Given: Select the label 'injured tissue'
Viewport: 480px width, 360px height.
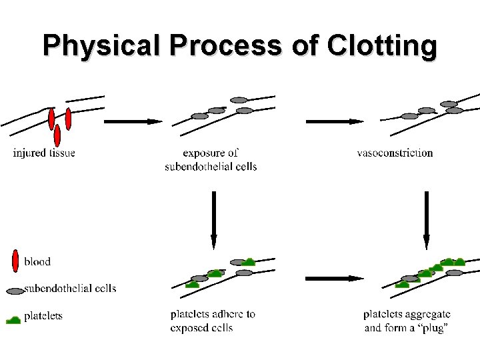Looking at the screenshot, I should coord(44,153).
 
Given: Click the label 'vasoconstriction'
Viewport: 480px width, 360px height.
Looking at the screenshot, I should coord(395,153).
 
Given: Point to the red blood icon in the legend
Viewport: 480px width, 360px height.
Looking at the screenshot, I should coord(15,261).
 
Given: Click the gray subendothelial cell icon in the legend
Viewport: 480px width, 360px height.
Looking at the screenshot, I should coord(15,291).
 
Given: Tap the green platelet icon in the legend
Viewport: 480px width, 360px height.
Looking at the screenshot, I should coord(13,319).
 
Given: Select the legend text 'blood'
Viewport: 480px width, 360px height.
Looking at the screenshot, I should coord(37,261).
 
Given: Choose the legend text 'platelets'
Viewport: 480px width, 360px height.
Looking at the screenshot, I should coord(43,316).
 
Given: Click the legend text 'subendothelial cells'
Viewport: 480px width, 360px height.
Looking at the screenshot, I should coord(70,289).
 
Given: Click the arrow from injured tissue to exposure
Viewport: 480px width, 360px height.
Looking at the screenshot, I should coord(133,121).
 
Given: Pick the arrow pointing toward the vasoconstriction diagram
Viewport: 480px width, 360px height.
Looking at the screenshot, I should coord(334,121).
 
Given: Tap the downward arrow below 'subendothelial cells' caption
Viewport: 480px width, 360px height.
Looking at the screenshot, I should coord(213,220).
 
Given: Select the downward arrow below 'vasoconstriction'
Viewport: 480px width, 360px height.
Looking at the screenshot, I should coord(427,220).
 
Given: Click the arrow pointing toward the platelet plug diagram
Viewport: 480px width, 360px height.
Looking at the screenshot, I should coord(334,278).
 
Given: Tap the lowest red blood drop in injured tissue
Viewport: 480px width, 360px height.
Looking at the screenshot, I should coord(57,136).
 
